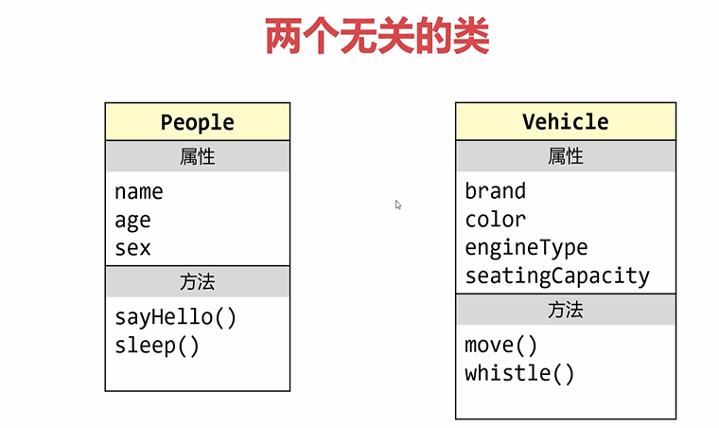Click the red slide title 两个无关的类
[377, 37]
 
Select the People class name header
[197, 122]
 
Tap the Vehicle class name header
[565, 121]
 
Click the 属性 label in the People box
[197, 156]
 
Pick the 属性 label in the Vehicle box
[565, 156]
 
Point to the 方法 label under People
[197, 282]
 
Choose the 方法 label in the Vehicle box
[565, 310]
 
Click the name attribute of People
[138, 192]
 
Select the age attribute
[132, 221]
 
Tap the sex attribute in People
[132, 248]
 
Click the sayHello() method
[175, 317]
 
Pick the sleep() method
[157, 346]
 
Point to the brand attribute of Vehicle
[495, 191]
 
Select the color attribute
[495, 220]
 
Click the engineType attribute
[526, 248]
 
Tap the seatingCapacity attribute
[557, 276]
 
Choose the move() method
[500, 345]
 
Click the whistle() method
[519, 373]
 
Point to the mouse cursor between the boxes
[398, 205]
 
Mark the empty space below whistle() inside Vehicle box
[565, 401]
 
